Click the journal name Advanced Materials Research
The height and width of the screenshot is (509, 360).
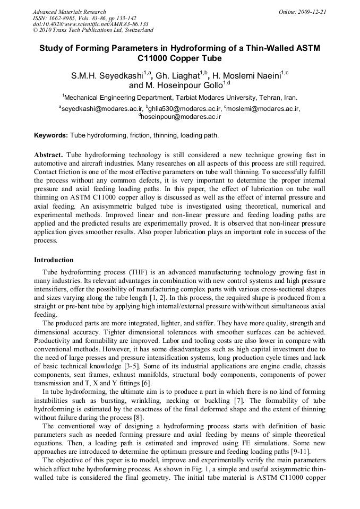[70, 12]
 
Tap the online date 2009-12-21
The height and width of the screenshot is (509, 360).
[313, 12]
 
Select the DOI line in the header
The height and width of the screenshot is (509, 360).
[90, 24]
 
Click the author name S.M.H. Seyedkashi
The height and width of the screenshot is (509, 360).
[104, 76]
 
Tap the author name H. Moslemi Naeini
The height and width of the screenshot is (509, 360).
[246, 76]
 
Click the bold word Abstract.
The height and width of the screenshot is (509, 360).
[49, 154]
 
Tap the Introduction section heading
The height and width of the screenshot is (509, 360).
[54, 260]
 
